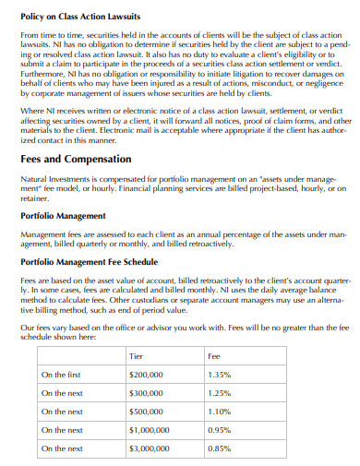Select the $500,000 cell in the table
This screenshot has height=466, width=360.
click(146, 412)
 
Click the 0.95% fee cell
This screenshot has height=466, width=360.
click(220, 430)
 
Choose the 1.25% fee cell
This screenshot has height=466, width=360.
click(220, 393)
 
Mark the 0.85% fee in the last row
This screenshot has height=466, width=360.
click(220, 448)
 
